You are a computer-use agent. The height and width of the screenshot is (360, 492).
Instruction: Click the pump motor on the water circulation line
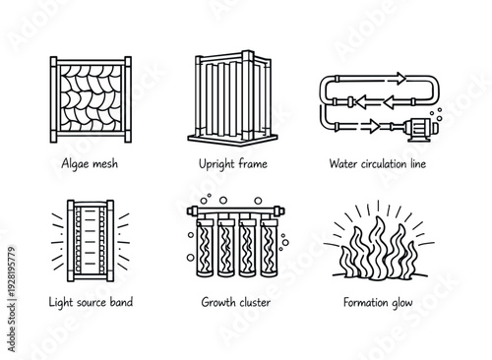click(423, 125)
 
